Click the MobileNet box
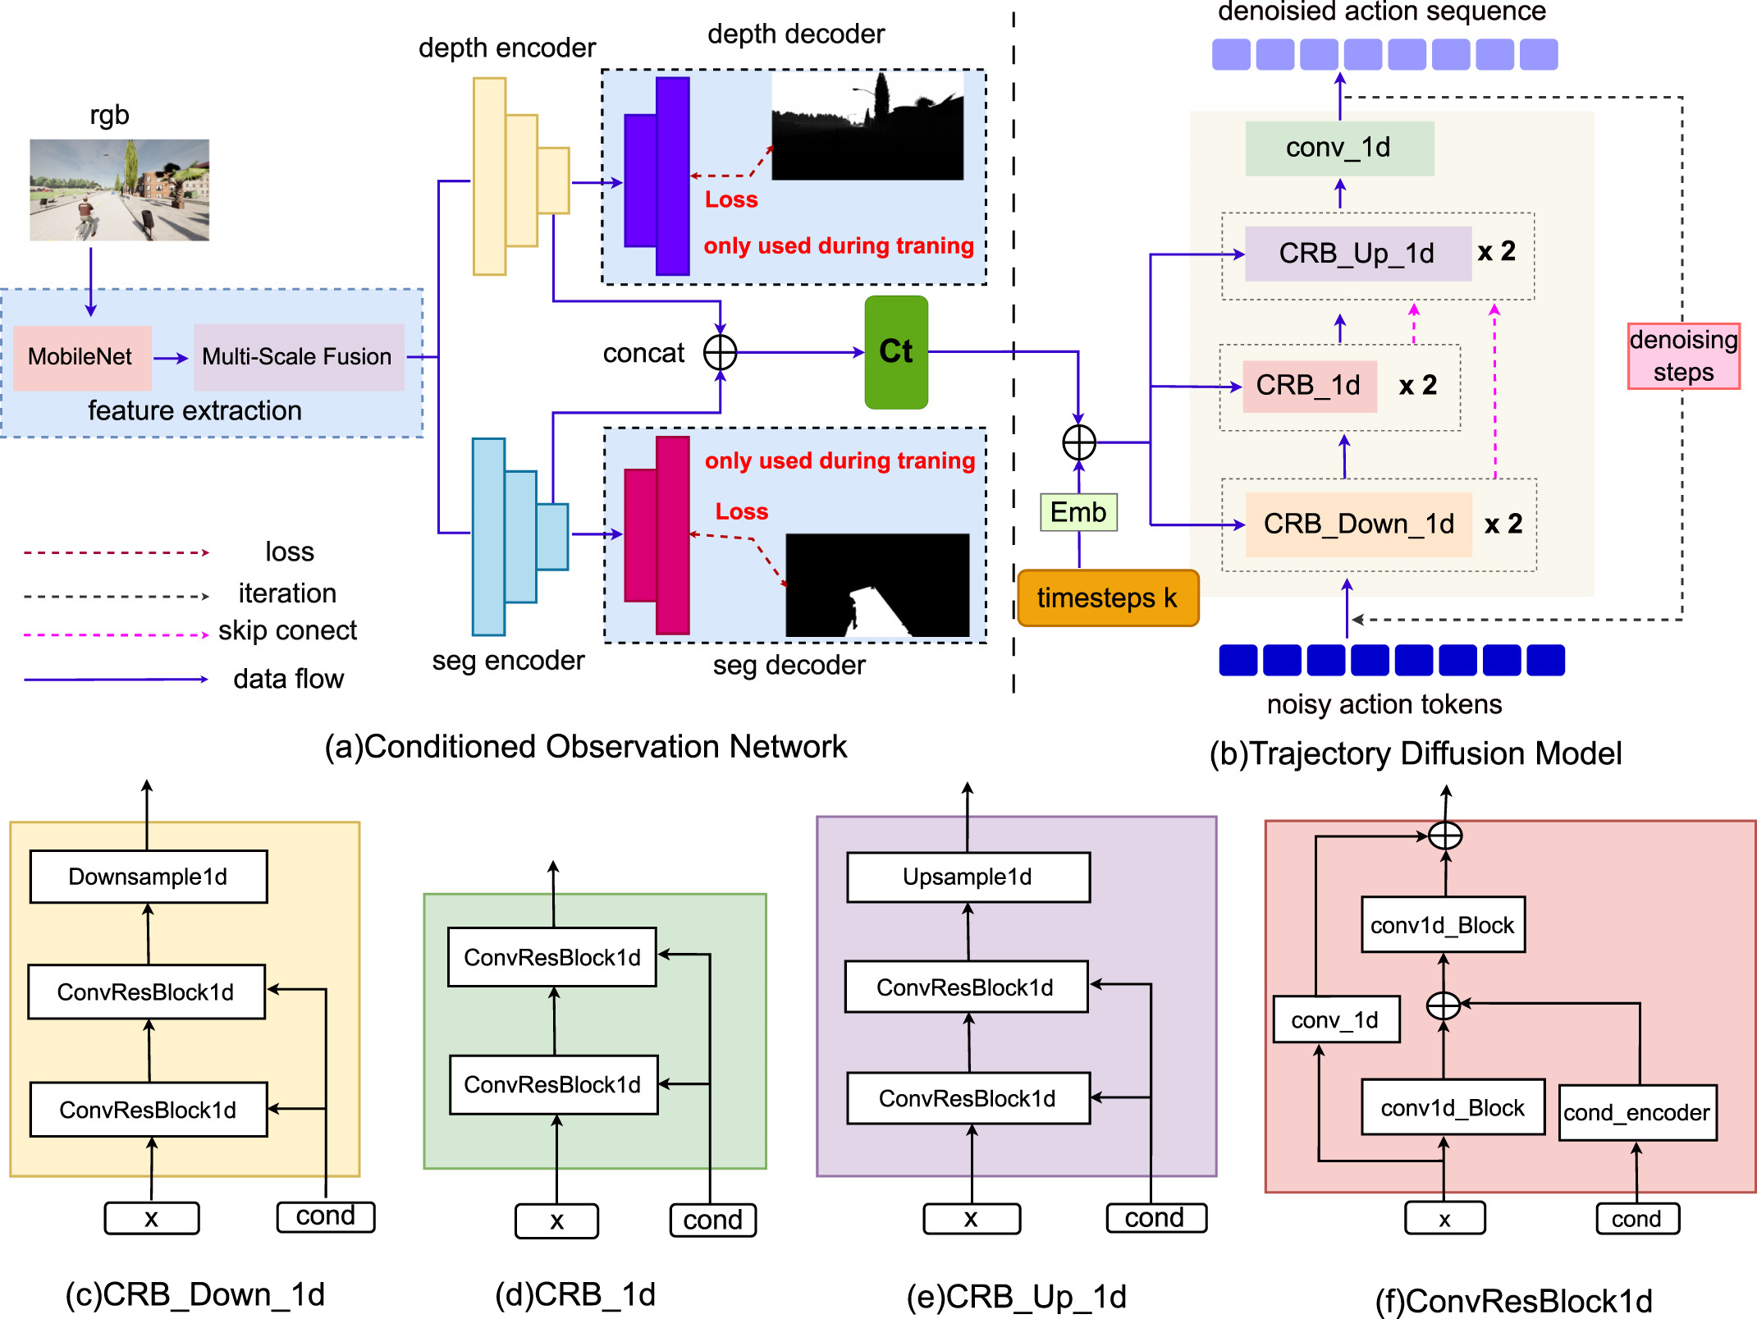click(x=81, y=357)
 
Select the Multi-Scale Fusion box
click(x=298, y=357)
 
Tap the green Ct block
click(x=896, y=352)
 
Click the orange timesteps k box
click(x=1107, y=598)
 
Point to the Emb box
click(x=1078, y=512)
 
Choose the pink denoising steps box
click(x=1683, y=356)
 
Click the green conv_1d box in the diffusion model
click(x=1339, y=148)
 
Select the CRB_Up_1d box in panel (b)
click(x=1357, y=254)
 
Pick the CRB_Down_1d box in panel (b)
click(x=1358, y=524)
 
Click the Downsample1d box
click(x=149, y=877)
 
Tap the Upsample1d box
click(x=968, y=877)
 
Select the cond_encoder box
click(x=1637, y=1113)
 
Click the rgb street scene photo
click(x=120, y=190)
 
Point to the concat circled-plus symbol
click(x=720, y=353)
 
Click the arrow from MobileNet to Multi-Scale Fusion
click(x=171, y=358)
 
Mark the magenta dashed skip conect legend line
click(x=116, y=634)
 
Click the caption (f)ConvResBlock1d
click(x=1513, y=1301)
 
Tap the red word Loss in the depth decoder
click(x=731, y=199)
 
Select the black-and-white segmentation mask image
click(x=877, y=584)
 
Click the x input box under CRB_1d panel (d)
click(x=556, y=1221)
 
